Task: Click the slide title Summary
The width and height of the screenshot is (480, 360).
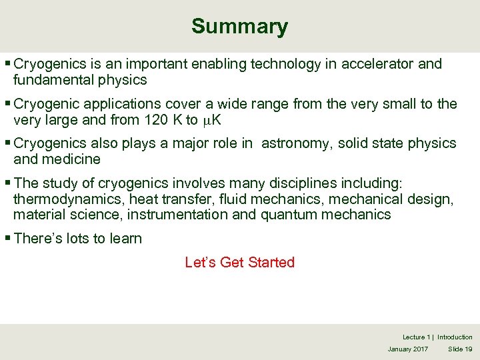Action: (239, 27)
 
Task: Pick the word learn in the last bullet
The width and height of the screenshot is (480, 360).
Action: (125, 239)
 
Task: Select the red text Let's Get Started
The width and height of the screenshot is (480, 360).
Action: (239, 262)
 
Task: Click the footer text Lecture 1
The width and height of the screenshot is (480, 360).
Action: (417, 337)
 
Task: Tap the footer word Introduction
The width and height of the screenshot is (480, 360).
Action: (455, 337)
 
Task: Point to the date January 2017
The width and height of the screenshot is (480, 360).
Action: (408, 349)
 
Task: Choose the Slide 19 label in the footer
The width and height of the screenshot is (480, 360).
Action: (460, 349)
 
